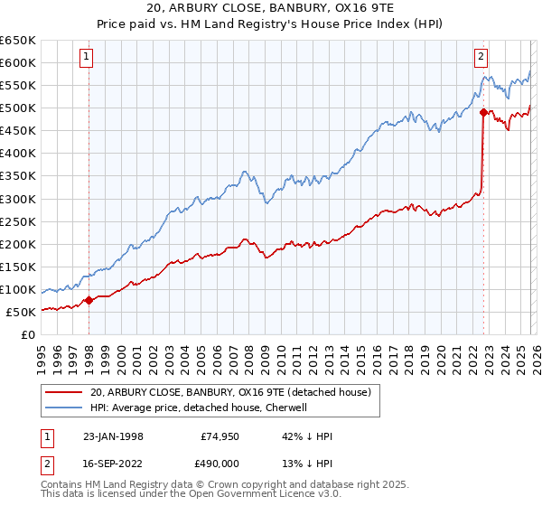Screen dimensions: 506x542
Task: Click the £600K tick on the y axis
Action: pos(18,62)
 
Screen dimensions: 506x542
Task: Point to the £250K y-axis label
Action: pos(18,221)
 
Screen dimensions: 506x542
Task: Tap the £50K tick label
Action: pos(22,312)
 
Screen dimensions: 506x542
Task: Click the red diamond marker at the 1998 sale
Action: pos(89,301)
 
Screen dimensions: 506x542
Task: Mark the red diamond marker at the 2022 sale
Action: pos(483,113)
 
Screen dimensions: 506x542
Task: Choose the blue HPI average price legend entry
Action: pos(199,408)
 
